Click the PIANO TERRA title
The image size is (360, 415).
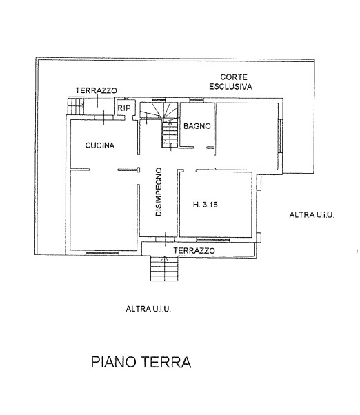(141, 362)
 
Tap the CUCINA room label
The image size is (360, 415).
(100, 145)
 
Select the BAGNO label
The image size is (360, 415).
(197, 126)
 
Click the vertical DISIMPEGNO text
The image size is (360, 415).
(159, 192)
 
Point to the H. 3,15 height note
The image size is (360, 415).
(205, 205)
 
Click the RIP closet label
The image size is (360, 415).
(124, 108)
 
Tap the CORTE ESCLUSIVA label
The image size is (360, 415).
(230, 82)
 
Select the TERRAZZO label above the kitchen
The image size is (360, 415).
(96, 90)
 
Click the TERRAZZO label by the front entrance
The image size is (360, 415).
(194, 251)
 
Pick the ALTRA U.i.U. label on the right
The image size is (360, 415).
(312, 215)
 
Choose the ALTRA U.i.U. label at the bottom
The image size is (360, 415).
(148, 309)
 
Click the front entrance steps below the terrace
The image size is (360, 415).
(164, 269)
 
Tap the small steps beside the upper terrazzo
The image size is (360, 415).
(75, 106)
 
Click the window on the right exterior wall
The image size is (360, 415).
(280, 136)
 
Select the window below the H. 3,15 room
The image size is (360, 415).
(213, 240)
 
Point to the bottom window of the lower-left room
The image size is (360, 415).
(102, 253)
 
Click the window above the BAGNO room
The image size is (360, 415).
(197, 100)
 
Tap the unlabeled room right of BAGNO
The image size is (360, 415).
(247, 136)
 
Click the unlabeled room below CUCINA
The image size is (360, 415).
(103, 210)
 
